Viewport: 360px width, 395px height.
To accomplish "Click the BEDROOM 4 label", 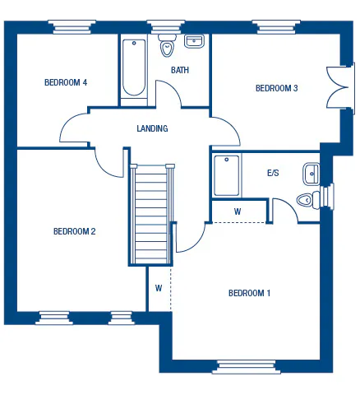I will (66, 82).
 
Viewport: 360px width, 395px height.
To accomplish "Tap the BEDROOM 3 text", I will (276, 88).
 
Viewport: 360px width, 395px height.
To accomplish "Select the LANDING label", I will (152, 128).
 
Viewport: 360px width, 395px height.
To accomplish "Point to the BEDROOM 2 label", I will (75, 231).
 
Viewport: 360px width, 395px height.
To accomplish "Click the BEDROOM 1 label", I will (249, 293).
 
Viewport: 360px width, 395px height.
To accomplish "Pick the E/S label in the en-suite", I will (274, 174).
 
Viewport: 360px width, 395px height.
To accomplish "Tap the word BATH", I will (180, 70).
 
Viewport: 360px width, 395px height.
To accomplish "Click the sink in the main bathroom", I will (195, 41).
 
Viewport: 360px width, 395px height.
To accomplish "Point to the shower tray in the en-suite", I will (227, 175).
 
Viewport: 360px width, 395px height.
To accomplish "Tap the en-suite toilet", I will (307, 198).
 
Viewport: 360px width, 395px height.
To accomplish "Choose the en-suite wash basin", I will (311, 173).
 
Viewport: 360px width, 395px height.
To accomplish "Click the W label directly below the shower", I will (238, 211).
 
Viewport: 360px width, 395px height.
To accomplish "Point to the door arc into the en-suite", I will (284, 209).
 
